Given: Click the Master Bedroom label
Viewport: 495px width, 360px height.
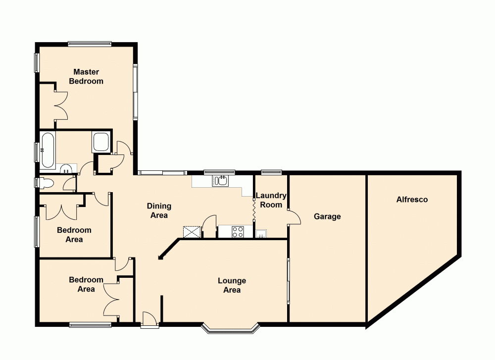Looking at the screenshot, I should (x=86, y=76).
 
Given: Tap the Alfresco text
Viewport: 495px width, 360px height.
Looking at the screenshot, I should (x=412, y=200).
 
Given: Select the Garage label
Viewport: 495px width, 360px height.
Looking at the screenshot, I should (x=327, y=216).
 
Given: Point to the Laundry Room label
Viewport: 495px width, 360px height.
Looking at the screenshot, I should (x=271, y=200).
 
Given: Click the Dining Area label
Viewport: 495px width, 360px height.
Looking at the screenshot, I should (x=159, y=210).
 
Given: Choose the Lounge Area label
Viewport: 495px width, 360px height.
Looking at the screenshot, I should (x=232, y=285).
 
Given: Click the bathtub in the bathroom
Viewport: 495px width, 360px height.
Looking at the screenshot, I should (x=48, y=150).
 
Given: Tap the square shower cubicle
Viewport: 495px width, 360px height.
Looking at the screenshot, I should (x=101, y=142).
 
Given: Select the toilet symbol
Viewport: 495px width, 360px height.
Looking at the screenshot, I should (x=45, y=183).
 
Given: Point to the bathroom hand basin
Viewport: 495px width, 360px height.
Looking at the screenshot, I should (x=66, y=170).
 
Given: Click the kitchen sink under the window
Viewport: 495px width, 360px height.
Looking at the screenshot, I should (x=220, y=181).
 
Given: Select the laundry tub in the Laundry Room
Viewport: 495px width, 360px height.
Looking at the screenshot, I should (x=261, y=233).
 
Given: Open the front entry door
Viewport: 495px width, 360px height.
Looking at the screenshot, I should (x=149, y=320).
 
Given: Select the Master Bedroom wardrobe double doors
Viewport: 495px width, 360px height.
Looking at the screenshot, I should (x=60, y=105).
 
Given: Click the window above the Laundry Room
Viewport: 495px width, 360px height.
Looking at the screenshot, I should (x=271, y=172).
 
